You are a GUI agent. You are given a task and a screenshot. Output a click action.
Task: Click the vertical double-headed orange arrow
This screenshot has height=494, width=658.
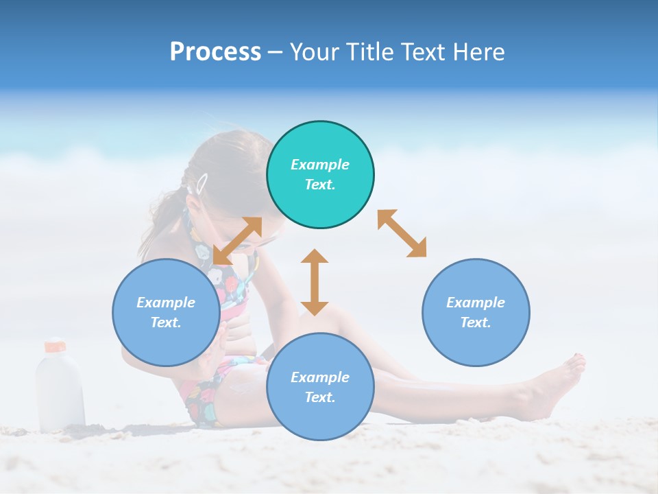coord(315,282)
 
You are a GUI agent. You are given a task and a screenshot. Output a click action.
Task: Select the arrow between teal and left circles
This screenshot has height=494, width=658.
coord(237,241)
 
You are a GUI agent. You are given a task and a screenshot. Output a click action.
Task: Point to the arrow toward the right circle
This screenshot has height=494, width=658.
coord(402,233)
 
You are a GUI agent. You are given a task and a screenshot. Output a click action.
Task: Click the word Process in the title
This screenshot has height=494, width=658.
coord(215,51)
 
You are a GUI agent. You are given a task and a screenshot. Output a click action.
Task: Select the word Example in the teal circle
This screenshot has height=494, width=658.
coord(320,165)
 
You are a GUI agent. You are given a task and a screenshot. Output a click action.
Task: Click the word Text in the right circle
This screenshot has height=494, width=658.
coord(476,322)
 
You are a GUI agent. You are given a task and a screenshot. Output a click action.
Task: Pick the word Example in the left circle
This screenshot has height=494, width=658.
coord(166,303)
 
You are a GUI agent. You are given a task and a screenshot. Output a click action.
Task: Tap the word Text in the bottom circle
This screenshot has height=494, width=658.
coord(320,397)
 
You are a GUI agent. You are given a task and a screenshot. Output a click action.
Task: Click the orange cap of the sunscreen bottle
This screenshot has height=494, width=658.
coord(55,346)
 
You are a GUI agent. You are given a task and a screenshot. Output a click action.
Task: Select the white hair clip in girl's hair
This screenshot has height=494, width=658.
coord(202,183)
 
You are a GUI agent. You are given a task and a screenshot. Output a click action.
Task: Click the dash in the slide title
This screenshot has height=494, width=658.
coord(276,52)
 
